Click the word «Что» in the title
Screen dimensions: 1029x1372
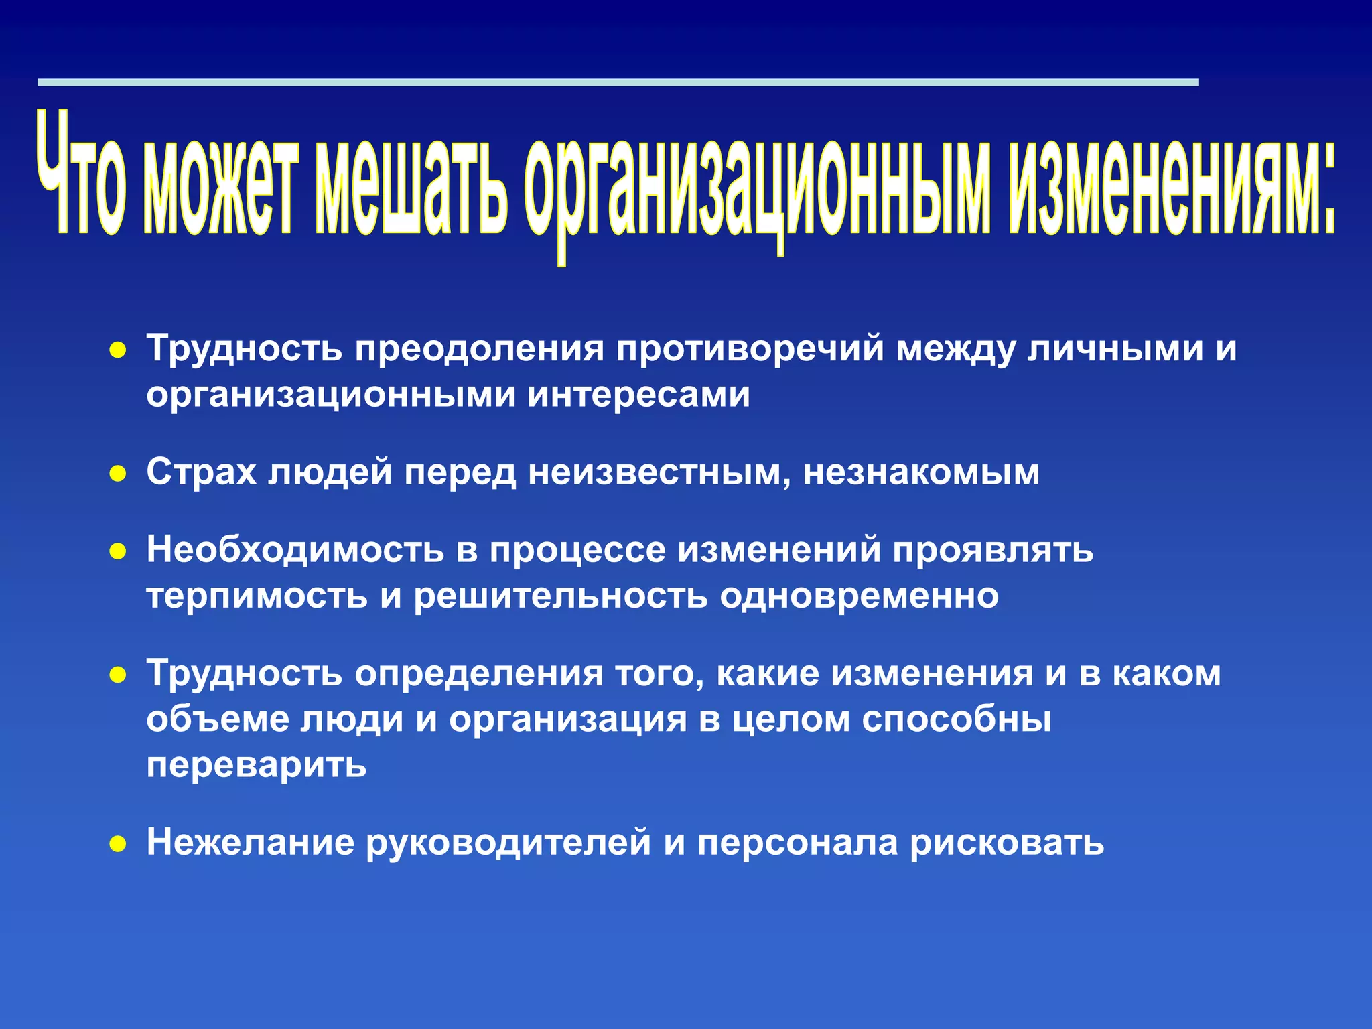coord(80,176)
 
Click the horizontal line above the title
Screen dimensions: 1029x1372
coord(616,82)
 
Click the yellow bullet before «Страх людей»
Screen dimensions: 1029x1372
coord(118,474)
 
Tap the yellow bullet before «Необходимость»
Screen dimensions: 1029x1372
coord(118,552)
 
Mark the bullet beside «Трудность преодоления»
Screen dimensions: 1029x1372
coord(118,350)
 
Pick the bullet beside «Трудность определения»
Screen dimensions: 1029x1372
coord(118,675)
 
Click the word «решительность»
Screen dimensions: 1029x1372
coord(560,596)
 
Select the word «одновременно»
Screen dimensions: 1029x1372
coord(859,596)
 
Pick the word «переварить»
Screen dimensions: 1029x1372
coord(257,765)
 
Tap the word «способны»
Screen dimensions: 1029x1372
coord(957,719)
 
